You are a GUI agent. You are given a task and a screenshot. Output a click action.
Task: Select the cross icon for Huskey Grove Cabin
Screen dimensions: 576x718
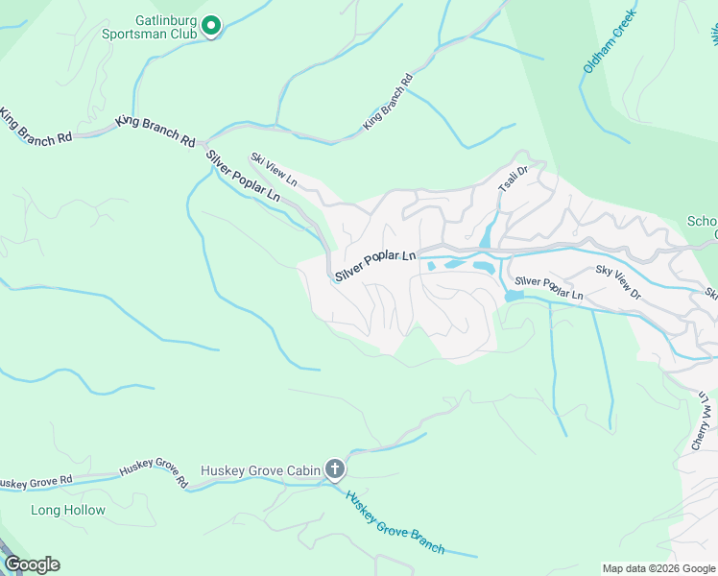(334, 469)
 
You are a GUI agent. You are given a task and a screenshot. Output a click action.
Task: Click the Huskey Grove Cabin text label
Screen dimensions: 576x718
(259, 470)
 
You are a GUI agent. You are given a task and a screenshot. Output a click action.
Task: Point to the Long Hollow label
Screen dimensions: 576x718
(68, 510)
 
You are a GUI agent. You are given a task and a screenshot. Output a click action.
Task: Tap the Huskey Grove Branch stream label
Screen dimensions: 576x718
(395, 523)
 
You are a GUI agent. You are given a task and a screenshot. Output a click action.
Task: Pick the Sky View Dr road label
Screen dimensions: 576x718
(617, 285)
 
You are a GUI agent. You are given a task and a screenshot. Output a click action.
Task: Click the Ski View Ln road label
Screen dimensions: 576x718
(275, 170)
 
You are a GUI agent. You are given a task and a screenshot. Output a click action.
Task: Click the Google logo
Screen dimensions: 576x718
(32, 564)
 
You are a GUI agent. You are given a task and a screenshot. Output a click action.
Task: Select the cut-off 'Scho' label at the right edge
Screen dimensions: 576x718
(702, 222)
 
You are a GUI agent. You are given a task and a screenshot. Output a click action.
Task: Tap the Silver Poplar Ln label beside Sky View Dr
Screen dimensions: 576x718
(548, 286)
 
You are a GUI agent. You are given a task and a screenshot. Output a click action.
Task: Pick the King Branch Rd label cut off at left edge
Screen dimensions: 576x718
(36, 125)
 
